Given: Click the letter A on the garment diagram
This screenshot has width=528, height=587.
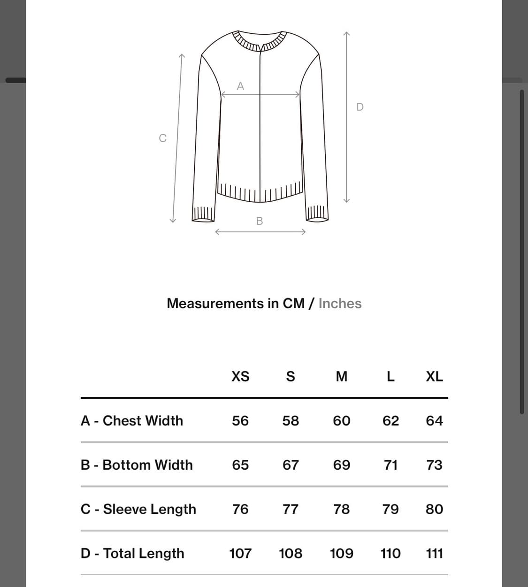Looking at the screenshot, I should [x=240, y=86].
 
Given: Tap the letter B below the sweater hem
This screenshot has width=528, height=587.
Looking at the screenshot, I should [x=260, y=221].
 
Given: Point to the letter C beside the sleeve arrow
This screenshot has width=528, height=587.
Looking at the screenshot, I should [x=163, y=138].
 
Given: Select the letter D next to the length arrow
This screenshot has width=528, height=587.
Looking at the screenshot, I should [x=360, y=107].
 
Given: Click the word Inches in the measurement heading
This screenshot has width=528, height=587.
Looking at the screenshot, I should [x=340, y=304].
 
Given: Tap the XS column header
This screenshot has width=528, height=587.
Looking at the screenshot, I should [x=240, y=376].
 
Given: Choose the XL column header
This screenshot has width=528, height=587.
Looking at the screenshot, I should [x=434, y=376].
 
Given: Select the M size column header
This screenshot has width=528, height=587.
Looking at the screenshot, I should [x=342, y=376].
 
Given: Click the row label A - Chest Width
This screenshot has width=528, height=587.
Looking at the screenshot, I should [x=132, y=420].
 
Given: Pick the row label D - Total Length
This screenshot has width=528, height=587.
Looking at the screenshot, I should [x=132, y=553].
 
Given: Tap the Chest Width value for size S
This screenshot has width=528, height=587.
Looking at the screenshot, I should [x=291, y=420].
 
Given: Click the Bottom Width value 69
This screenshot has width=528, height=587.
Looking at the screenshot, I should [x=342, y=465].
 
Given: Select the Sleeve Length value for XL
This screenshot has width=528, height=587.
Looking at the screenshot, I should [x=434, y=509].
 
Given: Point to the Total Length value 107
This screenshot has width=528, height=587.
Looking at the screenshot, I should [x=240, y=553].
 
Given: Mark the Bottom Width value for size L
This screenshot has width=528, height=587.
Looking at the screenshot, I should [x=390, y=465].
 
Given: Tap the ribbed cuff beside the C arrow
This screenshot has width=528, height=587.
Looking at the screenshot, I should [x=203, y=213].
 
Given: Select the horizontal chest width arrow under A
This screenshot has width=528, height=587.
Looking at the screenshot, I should [x=260, y=94].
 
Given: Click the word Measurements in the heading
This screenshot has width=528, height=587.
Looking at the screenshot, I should [x=215, y=304].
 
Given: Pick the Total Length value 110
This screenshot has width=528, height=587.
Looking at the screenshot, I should [x=390, y=553].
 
